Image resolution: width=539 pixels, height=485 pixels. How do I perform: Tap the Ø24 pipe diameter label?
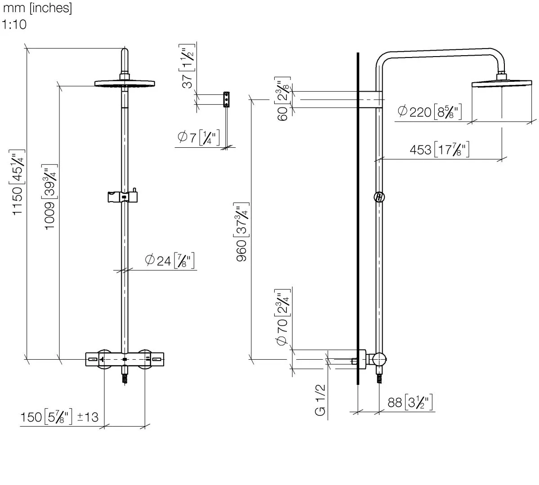pos(169,260)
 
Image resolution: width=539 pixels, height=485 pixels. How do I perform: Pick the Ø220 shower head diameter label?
pos(430,111)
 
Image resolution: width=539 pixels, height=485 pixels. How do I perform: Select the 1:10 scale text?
pos(14,25)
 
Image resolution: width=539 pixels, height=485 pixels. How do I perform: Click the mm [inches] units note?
pos(37,9)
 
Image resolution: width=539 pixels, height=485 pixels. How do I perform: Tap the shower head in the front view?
pos(125,83)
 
